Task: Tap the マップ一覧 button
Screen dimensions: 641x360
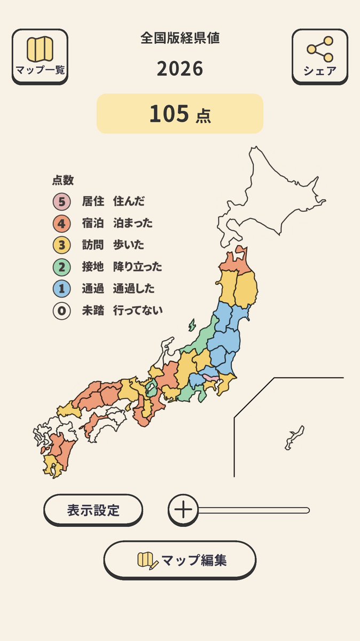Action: click(40, 56)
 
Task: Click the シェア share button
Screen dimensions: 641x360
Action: click(319, 56)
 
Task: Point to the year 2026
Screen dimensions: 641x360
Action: click(180, 69)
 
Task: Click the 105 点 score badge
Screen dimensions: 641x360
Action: click(180, 114)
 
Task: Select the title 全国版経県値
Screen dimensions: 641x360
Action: click(180, 38)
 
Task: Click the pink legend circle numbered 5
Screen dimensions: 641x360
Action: click(61, 201)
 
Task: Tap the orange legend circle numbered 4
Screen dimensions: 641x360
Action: click(61, 223)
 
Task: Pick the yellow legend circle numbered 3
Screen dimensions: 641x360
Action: click(61, 245)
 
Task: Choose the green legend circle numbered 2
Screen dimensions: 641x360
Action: click(61, 267)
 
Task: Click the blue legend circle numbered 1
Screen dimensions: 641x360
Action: click(61, 289)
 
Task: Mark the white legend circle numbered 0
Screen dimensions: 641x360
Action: click(61, 311)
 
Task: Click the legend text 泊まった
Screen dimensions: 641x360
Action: click(132, 223)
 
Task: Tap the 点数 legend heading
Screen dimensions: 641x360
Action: click(62, 181)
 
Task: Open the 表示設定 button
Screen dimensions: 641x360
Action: click(93, 510)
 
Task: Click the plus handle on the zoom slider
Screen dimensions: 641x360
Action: click(183, 510)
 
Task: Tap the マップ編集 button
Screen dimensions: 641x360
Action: click(179, 560)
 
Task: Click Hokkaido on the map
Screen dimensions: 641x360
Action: click(267, 198)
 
